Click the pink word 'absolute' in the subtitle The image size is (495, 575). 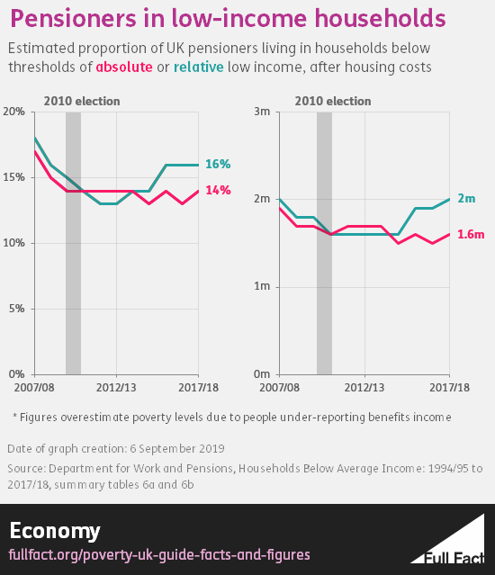click(124, 67)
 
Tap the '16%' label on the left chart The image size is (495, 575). click(218, 165)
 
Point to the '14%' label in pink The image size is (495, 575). click(218, 191)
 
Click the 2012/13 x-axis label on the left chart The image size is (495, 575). click(116, 388)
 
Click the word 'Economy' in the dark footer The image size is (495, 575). click(55, 530)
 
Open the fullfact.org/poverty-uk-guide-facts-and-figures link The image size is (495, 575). click(159, 555)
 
